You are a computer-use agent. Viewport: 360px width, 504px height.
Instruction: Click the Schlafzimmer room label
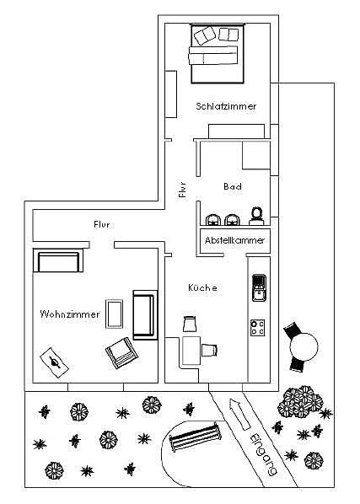point(226,106)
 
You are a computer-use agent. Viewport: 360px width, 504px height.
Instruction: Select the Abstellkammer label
point(234,240)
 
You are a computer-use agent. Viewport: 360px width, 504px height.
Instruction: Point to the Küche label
point(202,287)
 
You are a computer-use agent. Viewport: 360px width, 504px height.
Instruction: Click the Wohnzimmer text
point(70,314)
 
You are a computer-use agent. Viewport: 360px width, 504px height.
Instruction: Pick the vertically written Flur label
point(182,190)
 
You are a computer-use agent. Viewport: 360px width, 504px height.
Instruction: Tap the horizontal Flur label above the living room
point(102,224)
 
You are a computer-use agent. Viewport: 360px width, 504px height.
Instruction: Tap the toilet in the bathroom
point(257,217)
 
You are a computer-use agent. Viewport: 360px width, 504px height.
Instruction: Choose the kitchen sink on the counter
point(258,287)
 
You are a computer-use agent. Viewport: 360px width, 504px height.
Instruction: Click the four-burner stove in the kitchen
point(258,326)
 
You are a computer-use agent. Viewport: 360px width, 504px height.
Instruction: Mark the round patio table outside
point(301,344)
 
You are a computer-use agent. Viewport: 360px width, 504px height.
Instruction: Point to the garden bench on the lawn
point(196,438)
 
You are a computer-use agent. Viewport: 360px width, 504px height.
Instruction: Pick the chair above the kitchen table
point(191,324)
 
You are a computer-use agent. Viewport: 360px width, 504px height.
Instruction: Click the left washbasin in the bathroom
point(211,219)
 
